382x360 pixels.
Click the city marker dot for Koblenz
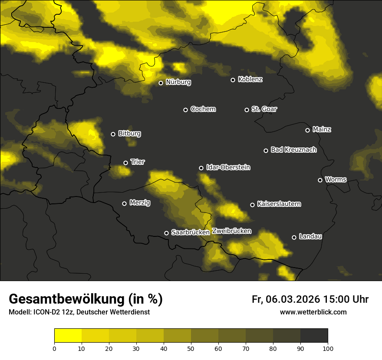pyautogui.click(x=233, y=80)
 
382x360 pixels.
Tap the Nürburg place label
pyautogui.click(x=178, y=82)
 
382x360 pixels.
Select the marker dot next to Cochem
pyautogui.click(x=185, y=110)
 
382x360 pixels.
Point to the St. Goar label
pyautogui.click(x=264, y=109)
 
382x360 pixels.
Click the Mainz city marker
pyautogui.click(x=307, y=130)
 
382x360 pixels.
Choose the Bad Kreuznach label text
pyautogui.click(x=293, y=150)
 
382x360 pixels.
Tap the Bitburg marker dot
pyautogui.click(x=113, y=134)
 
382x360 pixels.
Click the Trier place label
pyautogui.click(x=138, y=162)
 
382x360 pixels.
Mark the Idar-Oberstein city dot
pyautogui.click(x=201, y=168)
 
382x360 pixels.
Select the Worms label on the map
pyautogui.click(x=336, y=179)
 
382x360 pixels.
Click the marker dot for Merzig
pyautogui.click(x=124, y=203)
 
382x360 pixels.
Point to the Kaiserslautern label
pyautogui.click(x=279, y=204)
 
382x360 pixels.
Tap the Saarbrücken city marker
pyautogui.click(x=166, y=233)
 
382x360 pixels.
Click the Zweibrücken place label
pyautogui.click(x=231, y=231)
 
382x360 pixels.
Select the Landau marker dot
pyautogui.click(x=294, y=237)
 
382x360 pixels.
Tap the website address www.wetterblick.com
pyautogui.click(x=313, y=312)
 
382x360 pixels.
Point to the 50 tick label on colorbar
pyautogui.click(x=191, y=348)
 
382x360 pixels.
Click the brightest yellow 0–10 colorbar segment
pyautogui.click(x=68, y=336)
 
